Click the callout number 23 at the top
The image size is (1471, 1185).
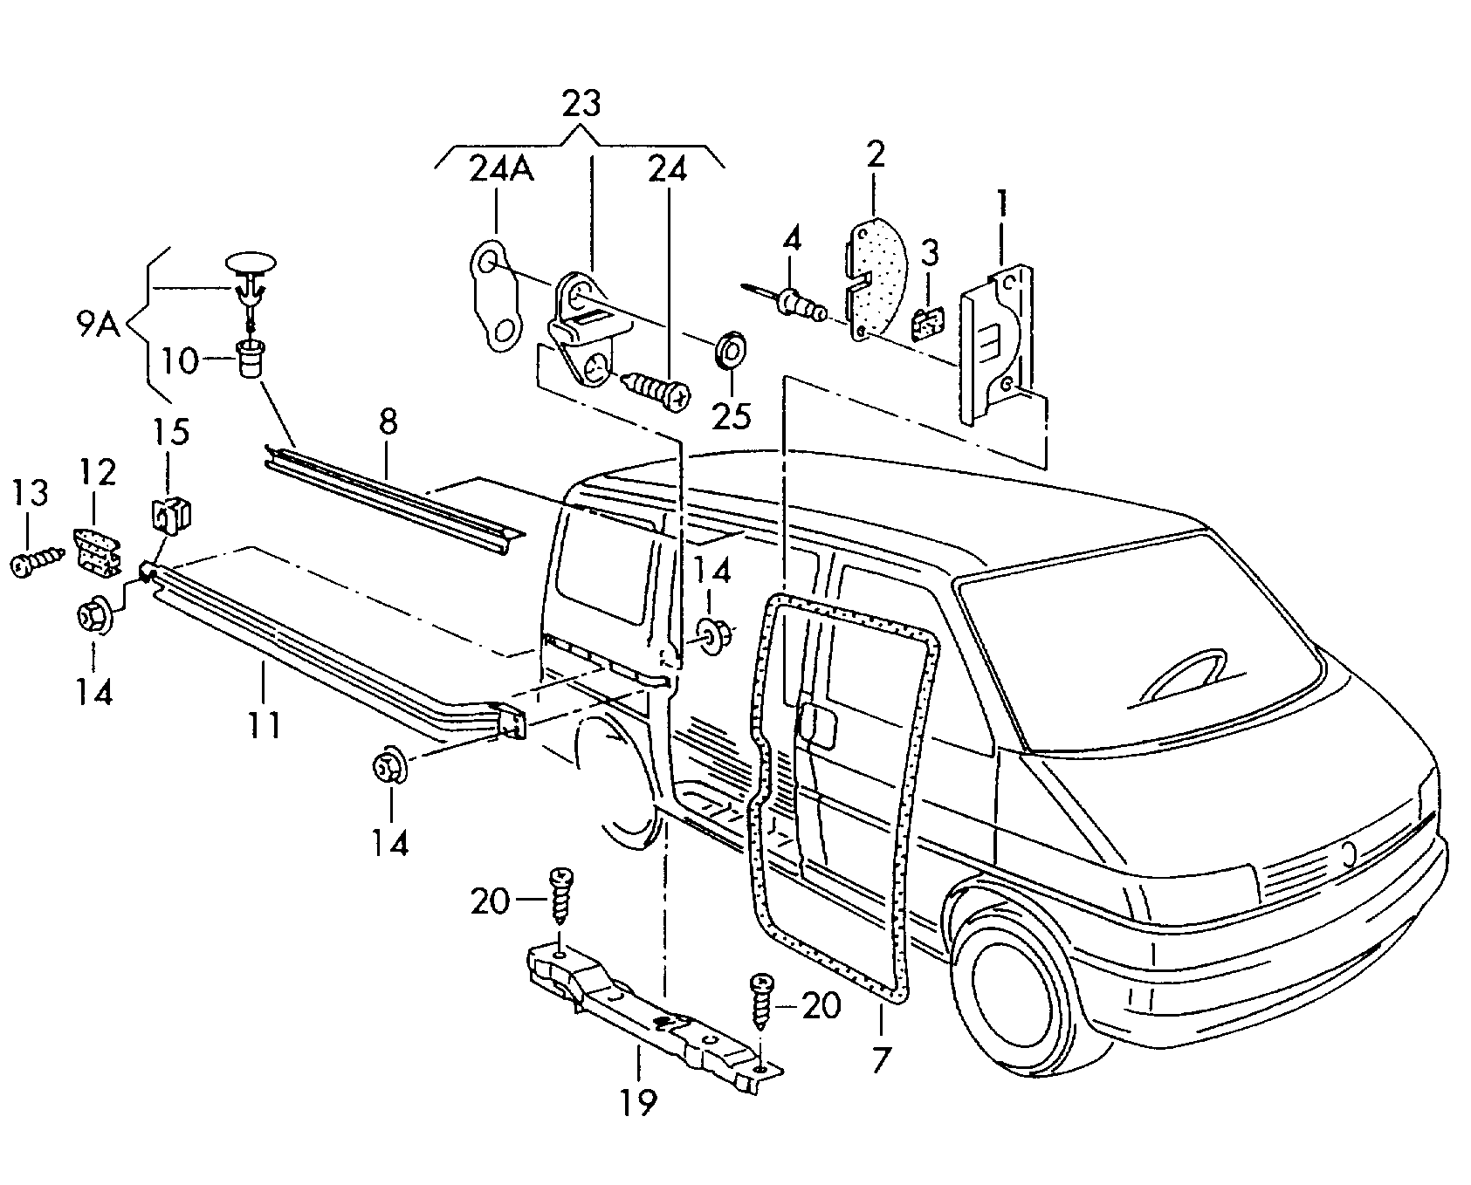click(581, 105)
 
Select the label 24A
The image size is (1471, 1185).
click(501, 168)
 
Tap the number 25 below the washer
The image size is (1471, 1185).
click(731, 415)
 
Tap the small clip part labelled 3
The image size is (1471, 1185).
click(925, 325)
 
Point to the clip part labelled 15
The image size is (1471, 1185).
click(173, 517)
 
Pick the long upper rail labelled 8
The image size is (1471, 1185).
click(393, 492)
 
